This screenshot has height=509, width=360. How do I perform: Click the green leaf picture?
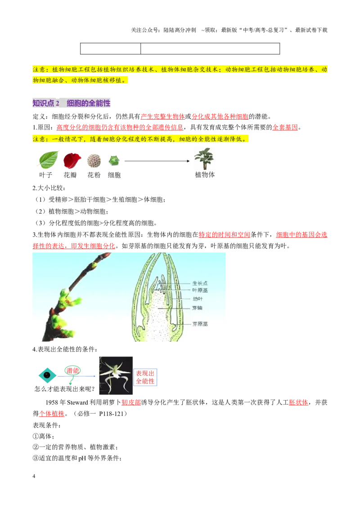(x=49, y=159)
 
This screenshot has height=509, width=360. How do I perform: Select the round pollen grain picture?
(x=94, y=161)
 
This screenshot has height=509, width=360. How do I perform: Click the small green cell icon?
(x=114, y=160)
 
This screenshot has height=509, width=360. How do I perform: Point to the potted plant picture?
(x=204, y=158)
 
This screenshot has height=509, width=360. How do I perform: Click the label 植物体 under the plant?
(x=205, y=174)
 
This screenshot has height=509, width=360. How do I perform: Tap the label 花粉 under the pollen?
(x=94, y=175)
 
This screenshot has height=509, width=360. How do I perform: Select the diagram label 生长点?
(x=200, y=283)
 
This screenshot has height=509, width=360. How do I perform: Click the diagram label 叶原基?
(x=200, y=290)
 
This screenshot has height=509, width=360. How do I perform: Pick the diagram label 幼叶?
(x=197, y=299)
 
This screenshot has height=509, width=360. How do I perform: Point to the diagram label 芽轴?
(x=197, y=308)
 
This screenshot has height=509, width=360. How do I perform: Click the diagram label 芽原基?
(x=200, y=324)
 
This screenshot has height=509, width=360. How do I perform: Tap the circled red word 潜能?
(x=72, y=371)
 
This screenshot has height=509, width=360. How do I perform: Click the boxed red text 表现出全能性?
(x=145, y=377)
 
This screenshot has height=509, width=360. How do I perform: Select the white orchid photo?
(x=116, y=375)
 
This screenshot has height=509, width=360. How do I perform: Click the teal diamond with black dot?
(x=47, y=375)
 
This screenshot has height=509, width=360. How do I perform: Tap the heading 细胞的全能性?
(x=88, y=103)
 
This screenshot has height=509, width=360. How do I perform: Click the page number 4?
(x=34, y=476)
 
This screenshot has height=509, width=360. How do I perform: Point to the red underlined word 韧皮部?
(x=131, y=402)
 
